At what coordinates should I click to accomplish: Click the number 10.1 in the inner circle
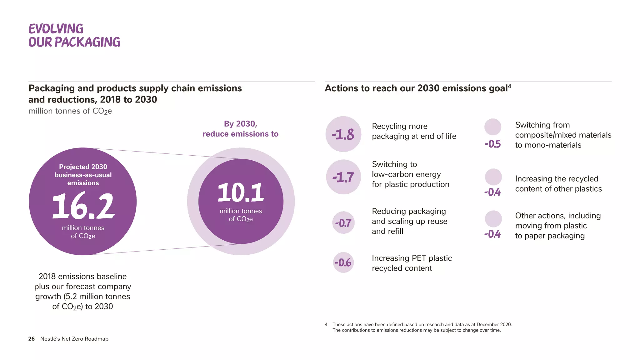[x=241, y=192]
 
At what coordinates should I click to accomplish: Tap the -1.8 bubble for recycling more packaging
[x=343, y=134]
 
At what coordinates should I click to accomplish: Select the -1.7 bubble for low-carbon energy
[x=343, y=177]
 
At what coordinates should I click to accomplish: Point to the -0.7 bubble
[x=343, y=223]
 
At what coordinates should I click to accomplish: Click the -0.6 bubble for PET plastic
[x=343, y=262]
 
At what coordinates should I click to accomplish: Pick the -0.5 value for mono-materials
[x=492, y=144]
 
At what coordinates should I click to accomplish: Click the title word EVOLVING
[x=56, y=29]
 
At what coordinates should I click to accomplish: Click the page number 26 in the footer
[x=31, y=339]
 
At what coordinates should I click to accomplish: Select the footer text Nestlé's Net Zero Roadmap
[x=74, y=339]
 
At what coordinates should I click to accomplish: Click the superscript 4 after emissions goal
[x=509, y=86]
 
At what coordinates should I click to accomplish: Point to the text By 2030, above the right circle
[x=240, y=124]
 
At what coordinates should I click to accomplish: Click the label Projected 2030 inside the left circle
[x=83, y=167]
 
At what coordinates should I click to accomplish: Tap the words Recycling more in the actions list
[x=399, y=126]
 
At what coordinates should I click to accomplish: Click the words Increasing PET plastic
[x=412, y=258]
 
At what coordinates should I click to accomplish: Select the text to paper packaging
[x=550, y=236]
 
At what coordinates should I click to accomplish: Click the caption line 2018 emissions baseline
[x=82, y=276]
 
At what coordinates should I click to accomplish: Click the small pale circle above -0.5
[x=492, y=127]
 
